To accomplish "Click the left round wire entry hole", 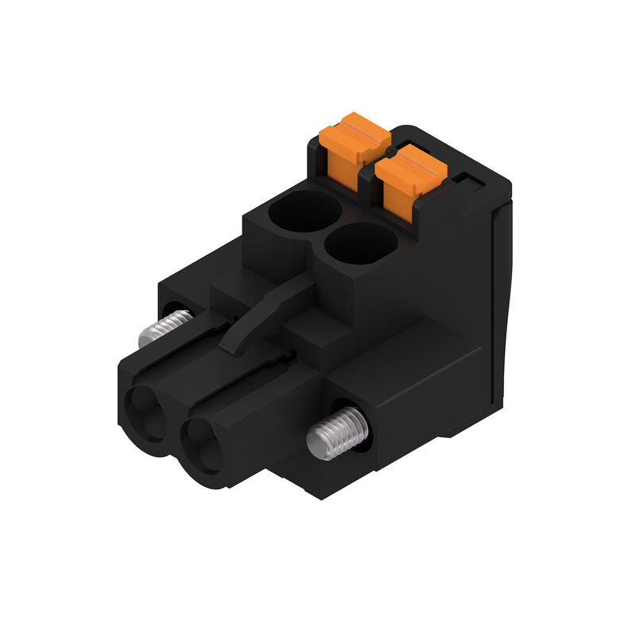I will click(x=304, y=211).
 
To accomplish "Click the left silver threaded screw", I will click(x=164, y=328).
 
